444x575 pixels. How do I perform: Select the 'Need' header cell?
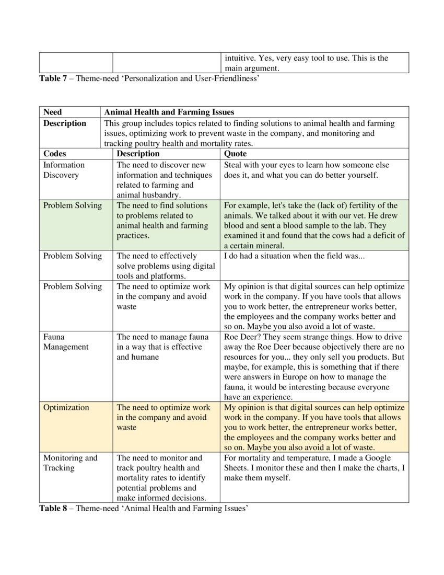pyautogui.click(x=52, y=112)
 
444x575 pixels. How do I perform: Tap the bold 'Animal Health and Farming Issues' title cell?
pyautogui.click(x=169, y=112)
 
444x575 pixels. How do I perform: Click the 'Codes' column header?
pyautogui.click(x=55, y=154)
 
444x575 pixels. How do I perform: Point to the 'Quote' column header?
pyautogui.click(x=235, y=154)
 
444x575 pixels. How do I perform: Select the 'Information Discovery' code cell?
pyautogui.click(x=64, y=170)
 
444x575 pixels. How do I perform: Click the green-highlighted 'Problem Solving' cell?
pyautogui.click(x=73, y=205)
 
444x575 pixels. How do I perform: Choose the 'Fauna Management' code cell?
pyautogui.click(x=66, y=342)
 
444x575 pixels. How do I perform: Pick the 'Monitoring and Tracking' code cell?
pyautogui.click(x=70, y=463)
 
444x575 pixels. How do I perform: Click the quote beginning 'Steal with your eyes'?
pyautogui.click(x=306, y=170)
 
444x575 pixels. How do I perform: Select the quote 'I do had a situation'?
pyautogui.click(x=290, y=256)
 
